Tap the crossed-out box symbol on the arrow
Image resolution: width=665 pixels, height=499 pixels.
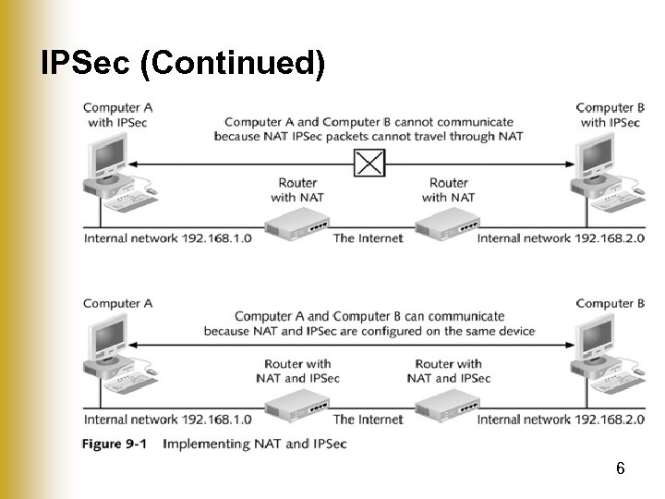(x=369, y=164)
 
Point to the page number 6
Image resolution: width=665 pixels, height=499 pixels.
(x=621, y=469)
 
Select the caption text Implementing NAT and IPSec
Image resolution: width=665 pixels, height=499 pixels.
(x=254, y=444)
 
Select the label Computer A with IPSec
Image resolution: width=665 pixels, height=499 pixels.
(x=118, y=115)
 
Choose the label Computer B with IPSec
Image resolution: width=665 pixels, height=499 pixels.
(x=610, y=115)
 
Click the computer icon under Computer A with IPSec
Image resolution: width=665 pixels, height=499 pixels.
(x=109, y=166)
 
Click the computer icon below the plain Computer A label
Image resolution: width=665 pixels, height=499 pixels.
(x=109, y=347)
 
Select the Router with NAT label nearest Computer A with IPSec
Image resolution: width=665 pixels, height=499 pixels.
(x=296, y=189)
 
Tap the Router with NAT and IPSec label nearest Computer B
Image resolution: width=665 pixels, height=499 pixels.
(x=449, y=371)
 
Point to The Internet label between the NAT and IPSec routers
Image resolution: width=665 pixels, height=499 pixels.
(x=368, y=420)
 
